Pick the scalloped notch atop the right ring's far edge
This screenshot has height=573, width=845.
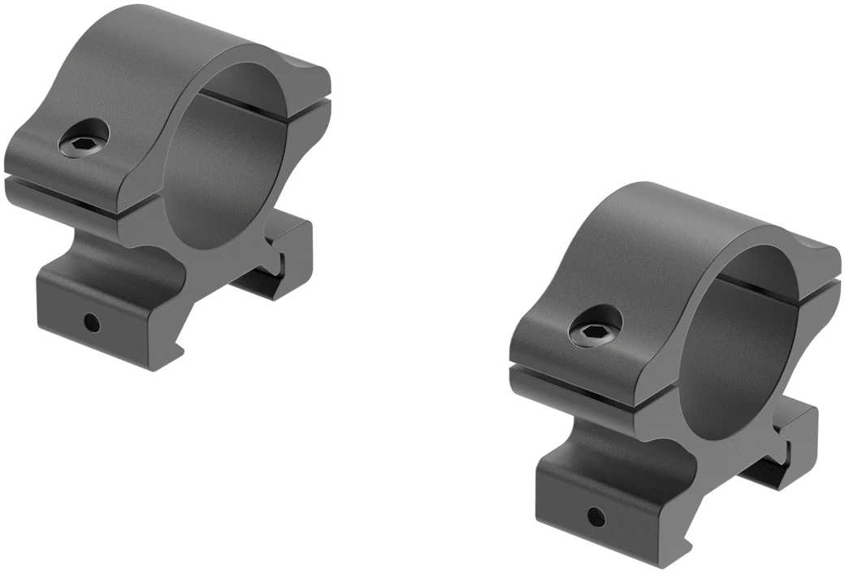817,244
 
